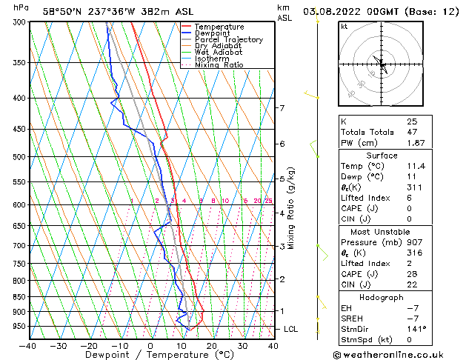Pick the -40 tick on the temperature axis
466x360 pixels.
(x=27, y=345)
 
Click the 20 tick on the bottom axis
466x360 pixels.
(x=212, y=345)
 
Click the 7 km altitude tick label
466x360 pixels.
(x=282, y=108)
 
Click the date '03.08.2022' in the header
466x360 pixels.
(x=333, y=11)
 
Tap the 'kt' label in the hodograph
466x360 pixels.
(x=344, y=27)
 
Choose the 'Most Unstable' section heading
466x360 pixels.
(x=381, y=232)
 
